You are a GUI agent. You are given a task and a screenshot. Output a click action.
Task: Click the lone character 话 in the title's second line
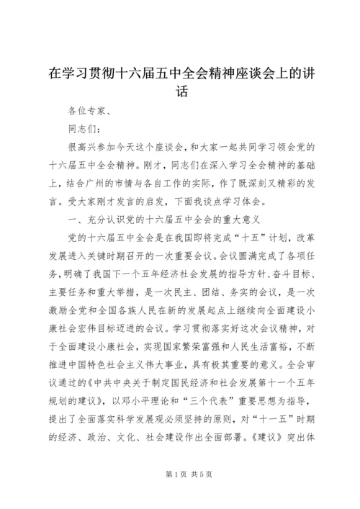tap(181, 92)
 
